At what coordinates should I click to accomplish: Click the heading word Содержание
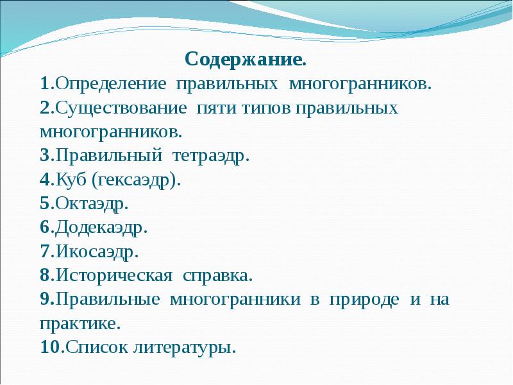coord(246,60)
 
